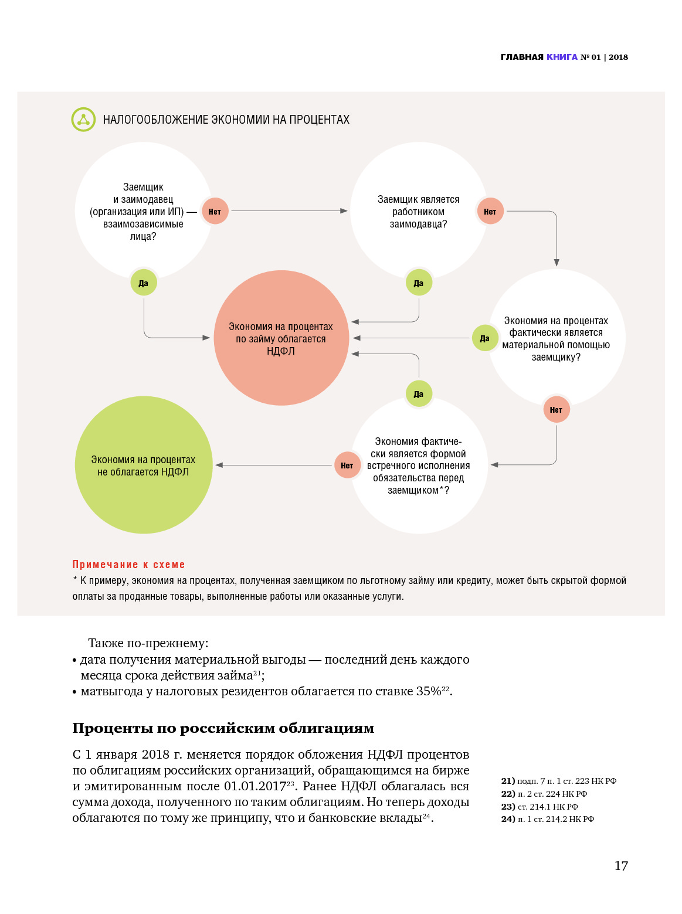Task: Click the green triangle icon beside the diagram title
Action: coord(83,120)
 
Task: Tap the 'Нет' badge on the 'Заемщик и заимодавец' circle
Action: coord(215,212)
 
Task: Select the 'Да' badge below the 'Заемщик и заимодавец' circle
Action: coord(144,283)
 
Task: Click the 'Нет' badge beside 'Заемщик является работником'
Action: coord(490,212)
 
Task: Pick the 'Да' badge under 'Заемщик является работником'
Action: coord(419,283)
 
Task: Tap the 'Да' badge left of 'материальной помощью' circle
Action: coord(485,338)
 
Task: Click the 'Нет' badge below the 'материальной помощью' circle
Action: coord(556,410)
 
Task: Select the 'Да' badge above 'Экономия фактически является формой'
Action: coord(419,394)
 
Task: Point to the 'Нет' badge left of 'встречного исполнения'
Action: coord(347,466)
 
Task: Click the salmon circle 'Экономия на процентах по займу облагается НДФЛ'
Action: coord(281,338)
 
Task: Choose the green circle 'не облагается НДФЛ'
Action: coord(144,465)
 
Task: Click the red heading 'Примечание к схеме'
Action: coord(128,565)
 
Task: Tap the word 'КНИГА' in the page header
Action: coord(562,57)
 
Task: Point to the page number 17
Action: coord(621,866)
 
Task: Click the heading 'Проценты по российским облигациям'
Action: coord(223,728)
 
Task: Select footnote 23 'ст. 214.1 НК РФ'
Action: coord(540,807)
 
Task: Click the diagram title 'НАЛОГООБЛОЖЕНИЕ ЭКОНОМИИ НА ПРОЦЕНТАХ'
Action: coord(226,120)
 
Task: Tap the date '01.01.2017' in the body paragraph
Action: coord(255,786)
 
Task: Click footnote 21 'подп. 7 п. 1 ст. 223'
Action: coord(559,781)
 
